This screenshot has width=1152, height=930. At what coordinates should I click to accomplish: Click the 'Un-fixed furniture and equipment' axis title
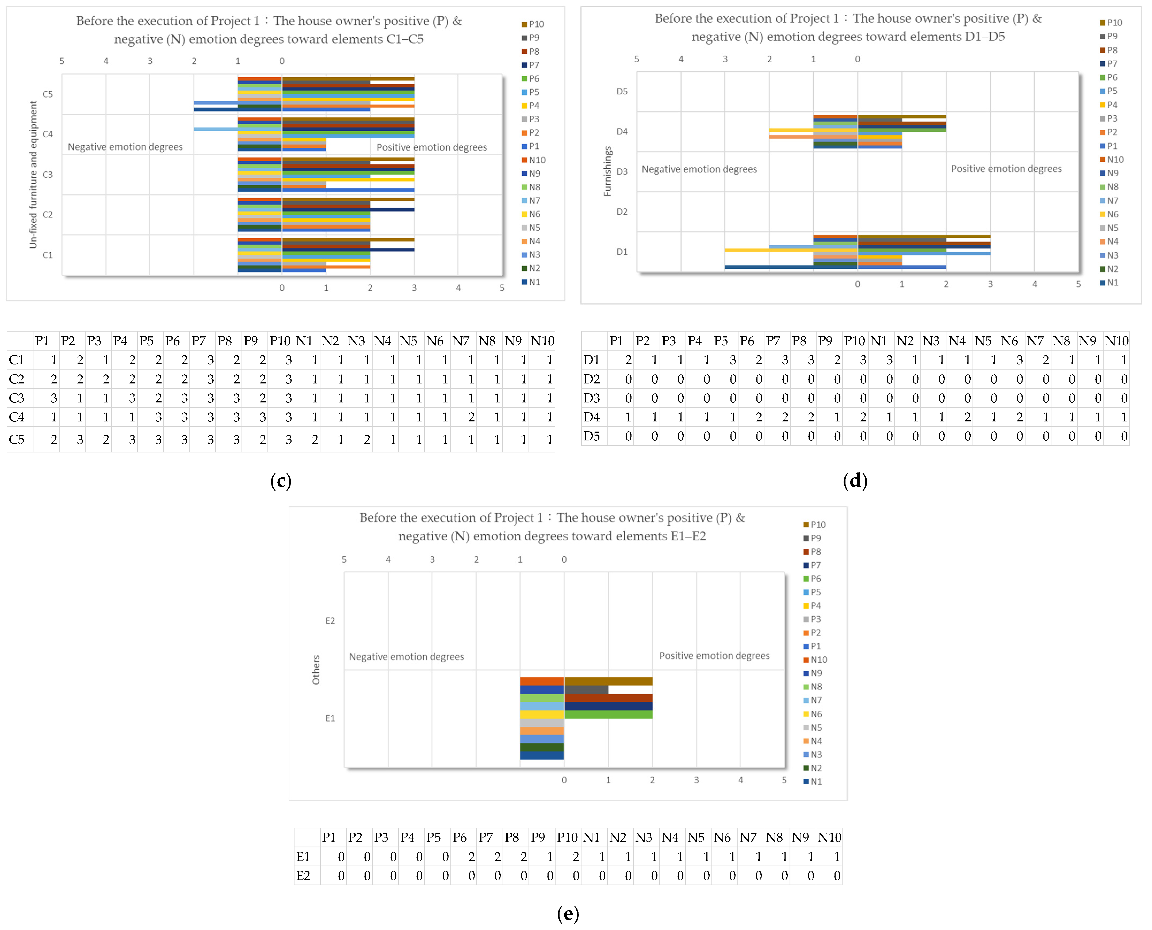coord(33,175)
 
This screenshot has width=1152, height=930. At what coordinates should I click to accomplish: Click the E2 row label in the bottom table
coord(303,875)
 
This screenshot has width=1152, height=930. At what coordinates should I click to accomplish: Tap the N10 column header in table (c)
coord(542,341)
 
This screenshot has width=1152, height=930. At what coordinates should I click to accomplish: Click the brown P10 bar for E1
coord(608,681)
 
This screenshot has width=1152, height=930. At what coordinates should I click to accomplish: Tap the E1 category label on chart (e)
coord(330,718)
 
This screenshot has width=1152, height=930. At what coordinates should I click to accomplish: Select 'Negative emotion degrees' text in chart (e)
coord(406,657)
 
